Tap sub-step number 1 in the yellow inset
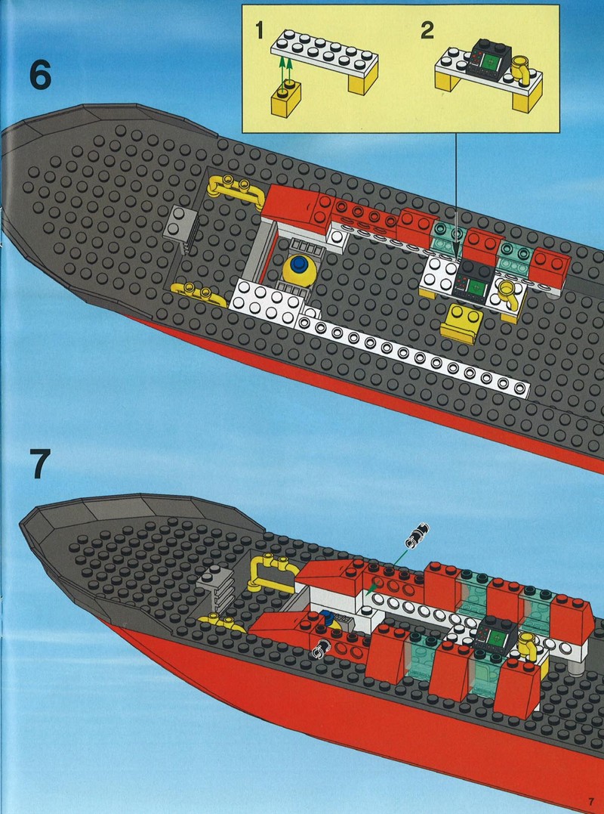(x=260, y=31)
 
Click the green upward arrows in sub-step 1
(x=285, y=72)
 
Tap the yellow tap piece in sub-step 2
(x=519, y=70)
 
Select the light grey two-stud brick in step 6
(x=182, y=229)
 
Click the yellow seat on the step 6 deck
(x=461, y=322)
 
